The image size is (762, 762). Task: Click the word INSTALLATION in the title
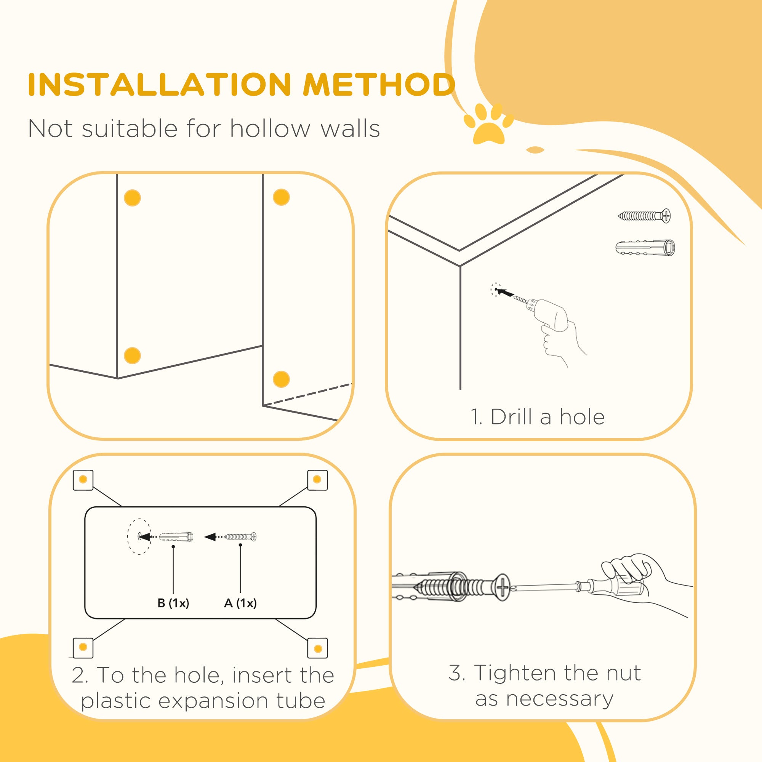click(x=159, y=85)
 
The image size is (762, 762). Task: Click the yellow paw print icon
click(x=488, y=123)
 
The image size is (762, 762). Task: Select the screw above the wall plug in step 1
click(x=644, y=216)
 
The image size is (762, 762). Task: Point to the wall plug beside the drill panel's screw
click(x=645, y=247)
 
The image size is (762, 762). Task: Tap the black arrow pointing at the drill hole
click(x=505, y=293)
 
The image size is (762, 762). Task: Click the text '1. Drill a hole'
click(x=538, y=417)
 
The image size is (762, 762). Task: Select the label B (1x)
click(x=173, y=603)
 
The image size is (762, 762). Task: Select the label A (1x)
click(x=240, y=603)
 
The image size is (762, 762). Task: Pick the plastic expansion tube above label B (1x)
click(x=176, y=537)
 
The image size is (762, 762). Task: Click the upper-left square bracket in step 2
click(x=83, y=480)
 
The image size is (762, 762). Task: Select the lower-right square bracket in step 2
click(x=317, y=648)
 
